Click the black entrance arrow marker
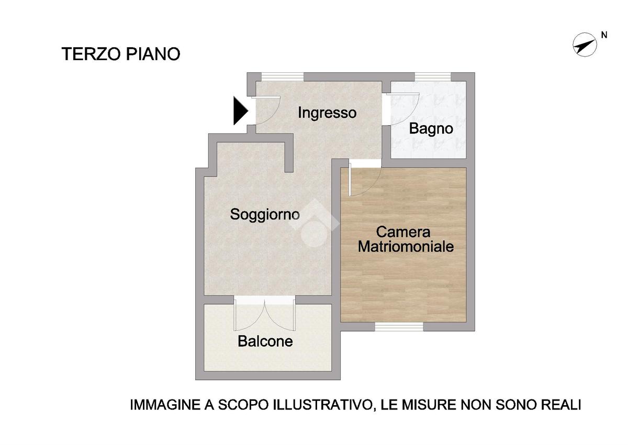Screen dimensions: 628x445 coord(241,110)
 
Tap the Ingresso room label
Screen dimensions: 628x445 coord(327,113)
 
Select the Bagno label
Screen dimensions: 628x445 coord(431,129)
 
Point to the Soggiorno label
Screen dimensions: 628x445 coord(265,215)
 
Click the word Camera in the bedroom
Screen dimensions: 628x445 coord(403,232)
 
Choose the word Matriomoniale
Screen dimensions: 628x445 coord(406,247)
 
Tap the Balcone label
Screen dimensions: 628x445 coord(265,341)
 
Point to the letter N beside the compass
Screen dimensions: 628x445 coord(604,35)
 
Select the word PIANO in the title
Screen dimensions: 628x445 coord(153,54)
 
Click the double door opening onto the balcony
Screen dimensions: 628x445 coord(265,314)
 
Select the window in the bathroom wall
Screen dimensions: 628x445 coord(433,76)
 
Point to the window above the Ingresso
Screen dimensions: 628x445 coord(283,76)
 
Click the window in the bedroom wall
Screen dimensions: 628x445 coord(399,326)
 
